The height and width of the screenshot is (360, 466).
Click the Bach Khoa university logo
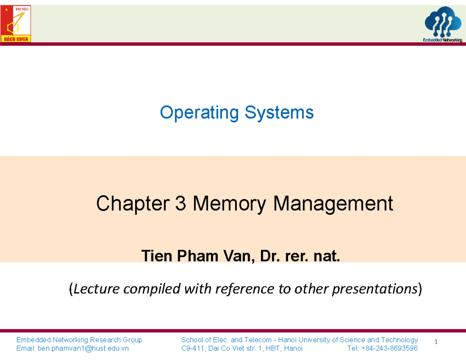click(x=16, y=24)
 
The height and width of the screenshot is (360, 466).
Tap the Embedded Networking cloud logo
click(x=443, y=25)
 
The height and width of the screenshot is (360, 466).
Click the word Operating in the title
click(x=200, y=113)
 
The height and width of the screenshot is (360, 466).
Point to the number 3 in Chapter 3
click(x=181, y=203)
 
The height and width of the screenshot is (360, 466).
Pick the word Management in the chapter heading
click(x=333, y=203)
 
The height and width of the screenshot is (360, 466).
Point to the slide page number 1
click(x=436, y=342)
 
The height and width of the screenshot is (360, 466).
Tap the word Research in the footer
click(x=106, y=340)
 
